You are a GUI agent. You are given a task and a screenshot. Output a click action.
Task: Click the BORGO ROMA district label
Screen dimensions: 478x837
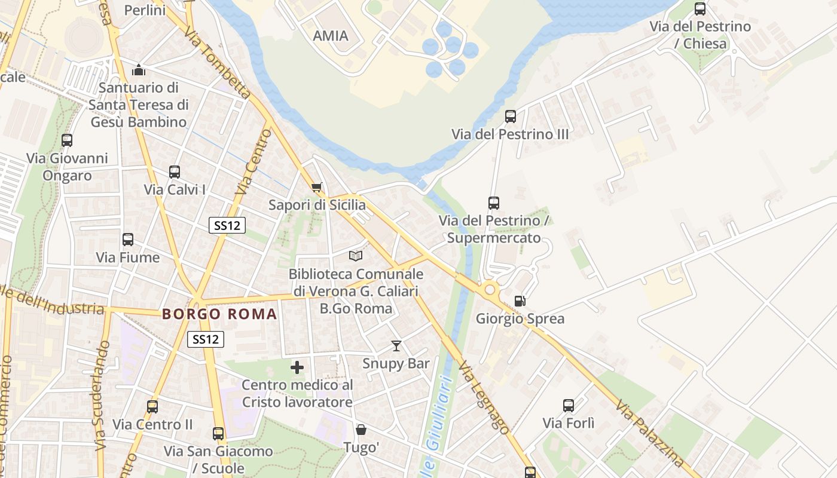[x=219, y=314]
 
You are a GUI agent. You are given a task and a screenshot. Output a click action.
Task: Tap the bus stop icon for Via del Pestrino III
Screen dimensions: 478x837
[x=511, y=117]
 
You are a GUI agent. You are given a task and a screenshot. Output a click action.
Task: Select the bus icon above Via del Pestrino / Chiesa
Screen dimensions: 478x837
[x=700, y=9]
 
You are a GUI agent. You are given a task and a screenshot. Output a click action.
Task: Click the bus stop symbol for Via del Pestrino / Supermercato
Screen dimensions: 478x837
[x=494, y=203]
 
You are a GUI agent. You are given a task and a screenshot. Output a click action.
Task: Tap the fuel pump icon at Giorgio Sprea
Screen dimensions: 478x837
[x=520, y=301]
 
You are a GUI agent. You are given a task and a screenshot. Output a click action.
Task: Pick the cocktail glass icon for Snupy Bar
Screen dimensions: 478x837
[x=396, y=346]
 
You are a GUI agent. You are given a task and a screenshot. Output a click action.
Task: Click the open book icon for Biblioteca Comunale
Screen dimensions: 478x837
[x=356, y=256]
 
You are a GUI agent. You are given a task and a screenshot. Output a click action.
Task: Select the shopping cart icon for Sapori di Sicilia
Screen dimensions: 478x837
[x=317, y=188]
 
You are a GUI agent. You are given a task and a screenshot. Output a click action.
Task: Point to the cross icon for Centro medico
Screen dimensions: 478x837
[x=297, y=367]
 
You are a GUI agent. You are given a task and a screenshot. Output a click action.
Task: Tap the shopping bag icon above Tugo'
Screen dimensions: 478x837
[x=361, y=430]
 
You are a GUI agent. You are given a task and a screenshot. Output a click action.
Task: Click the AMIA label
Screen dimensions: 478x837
[x=331, y=36]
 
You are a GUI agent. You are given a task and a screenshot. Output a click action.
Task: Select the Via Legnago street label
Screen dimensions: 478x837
[x=484, y=397]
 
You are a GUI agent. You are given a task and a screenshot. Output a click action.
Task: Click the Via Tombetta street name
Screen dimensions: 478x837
[x=218, y=62]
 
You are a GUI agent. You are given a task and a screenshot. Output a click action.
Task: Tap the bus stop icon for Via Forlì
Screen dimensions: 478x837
[x=569, y=406]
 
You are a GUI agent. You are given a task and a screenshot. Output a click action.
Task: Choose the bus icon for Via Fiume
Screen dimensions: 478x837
[x=128, y=240]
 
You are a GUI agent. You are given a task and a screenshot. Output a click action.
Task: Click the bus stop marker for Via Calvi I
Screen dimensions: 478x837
[x=175, y=172]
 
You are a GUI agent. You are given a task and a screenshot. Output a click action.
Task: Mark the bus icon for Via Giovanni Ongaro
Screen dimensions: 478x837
[x=67, y=140]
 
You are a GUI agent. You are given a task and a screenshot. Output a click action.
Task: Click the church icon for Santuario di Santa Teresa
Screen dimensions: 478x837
[x=139, y=70]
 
